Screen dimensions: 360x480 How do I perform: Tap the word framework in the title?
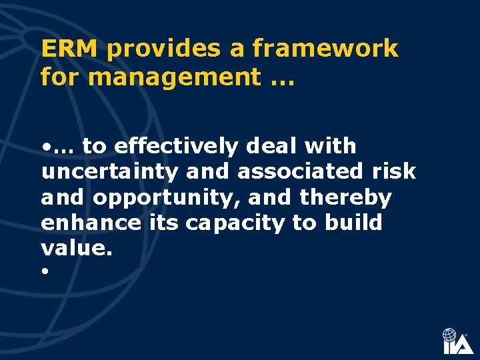point(325,49)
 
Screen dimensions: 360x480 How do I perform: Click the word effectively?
point(175,145)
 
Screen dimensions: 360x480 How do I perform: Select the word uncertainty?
point(110,172)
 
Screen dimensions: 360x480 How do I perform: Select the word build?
point(353,223)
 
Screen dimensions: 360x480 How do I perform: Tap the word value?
point(72,248)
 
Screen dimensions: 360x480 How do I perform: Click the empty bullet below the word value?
point(44,273)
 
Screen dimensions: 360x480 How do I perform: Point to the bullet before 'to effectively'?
point(45,146)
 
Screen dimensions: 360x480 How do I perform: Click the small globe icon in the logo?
point(451,335)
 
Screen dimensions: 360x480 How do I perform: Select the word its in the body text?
point(163,223)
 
